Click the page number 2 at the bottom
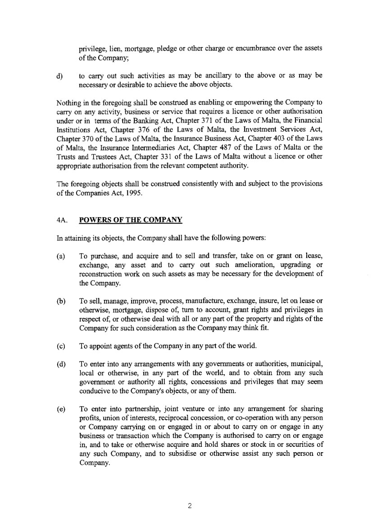tap(190, 505)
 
